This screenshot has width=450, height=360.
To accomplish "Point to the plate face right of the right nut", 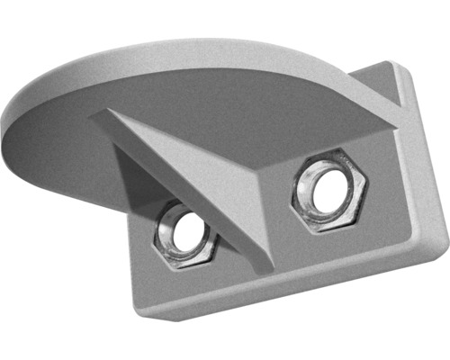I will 396,198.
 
